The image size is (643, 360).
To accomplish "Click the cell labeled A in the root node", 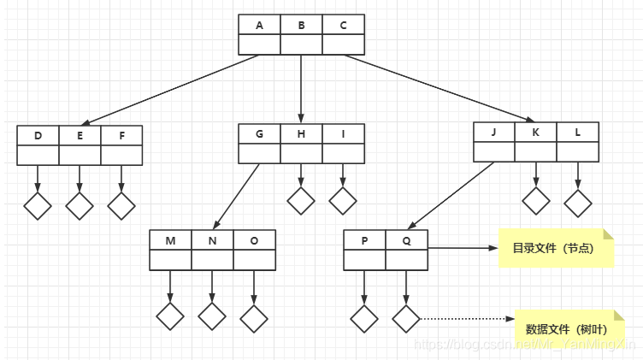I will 259,26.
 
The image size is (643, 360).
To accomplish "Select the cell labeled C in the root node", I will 343,26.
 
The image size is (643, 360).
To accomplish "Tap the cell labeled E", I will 80,136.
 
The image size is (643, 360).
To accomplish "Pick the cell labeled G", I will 259,134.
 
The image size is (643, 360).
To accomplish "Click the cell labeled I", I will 343,134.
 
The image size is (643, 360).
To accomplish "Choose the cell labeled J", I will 494,133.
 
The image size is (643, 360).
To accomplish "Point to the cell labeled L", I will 578,133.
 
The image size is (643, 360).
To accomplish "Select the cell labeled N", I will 212,240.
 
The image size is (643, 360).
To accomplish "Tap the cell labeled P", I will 364,240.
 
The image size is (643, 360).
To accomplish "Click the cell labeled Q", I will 406,240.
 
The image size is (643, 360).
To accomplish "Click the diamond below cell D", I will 38,206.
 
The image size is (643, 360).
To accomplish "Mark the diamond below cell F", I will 121,206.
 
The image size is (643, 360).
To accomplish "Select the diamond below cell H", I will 301,201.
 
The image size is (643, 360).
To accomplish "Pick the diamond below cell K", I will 536,201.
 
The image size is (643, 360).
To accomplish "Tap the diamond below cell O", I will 254,317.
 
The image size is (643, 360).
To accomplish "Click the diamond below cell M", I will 170,316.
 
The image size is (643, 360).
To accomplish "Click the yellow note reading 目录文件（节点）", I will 557,249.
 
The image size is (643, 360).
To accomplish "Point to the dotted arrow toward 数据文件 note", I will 466,319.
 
